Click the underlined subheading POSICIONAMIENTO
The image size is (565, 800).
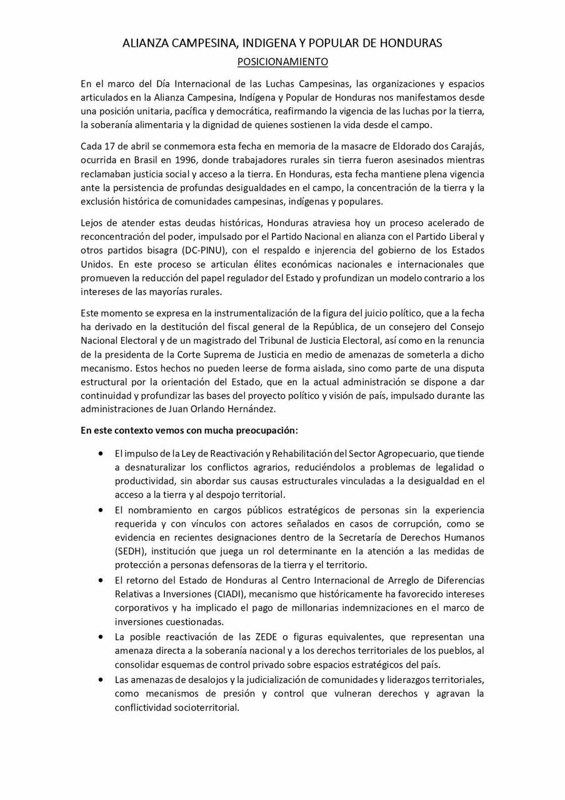pos(282,62)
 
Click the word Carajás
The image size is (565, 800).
pos(467,146)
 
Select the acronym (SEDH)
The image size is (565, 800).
pos(129,551)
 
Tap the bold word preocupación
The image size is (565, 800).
pos(266,431)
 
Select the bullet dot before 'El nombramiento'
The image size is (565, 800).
pos(101,510)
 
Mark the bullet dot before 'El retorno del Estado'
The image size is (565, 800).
pos(101,580)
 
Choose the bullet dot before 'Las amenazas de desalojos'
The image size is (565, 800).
pos(101,679)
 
